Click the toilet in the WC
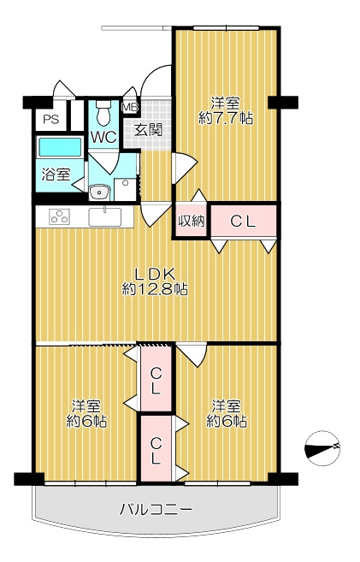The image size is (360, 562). tap(103, 113)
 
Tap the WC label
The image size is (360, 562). tap(103, 137)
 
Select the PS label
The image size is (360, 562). tap(51, 119)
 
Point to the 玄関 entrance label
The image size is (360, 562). tap(148, 130)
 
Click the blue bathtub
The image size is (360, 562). tap(60, 147)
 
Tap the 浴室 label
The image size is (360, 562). tap(56, 175)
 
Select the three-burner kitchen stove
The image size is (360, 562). tap(60, 217)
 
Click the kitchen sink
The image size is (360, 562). tap(105, 217)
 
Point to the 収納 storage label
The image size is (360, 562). tap(192, 222)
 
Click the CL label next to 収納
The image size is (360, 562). tap(243, 222)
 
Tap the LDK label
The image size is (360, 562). tap(155, 275)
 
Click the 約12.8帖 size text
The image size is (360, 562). tap(155, 289)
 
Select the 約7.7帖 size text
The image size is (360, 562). tap(226, 118)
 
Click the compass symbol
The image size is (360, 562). tap(322, 448)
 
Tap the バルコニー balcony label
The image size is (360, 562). tap(156, 509)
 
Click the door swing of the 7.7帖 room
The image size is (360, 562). tap(185, 169)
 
